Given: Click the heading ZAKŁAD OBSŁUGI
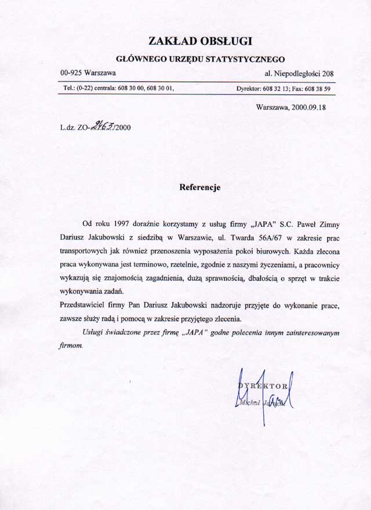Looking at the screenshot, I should coord(201,41).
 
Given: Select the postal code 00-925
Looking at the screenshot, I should coord(71,74).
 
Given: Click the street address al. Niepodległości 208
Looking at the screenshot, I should coord(299,74).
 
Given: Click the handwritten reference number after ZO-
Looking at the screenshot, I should coord(102,127).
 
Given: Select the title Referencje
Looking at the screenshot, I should coord(200,188).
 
